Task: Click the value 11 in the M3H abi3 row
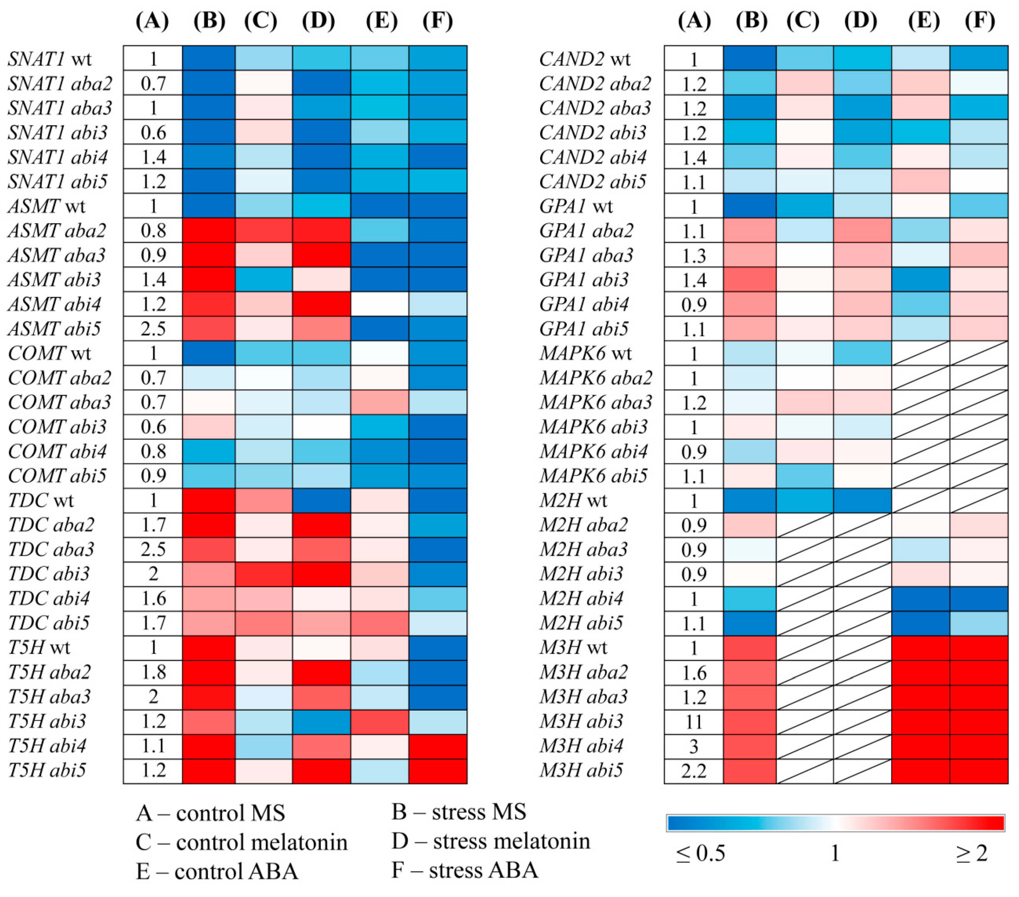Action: click(x=694, y=721)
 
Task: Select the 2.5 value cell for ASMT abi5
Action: click(x=153, y=329)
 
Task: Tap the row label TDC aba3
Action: click(x=51, y=549)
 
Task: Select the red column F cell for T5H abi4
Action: click(x=438, y=746)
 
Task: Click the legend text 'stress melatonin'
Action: click(x=511, y=841)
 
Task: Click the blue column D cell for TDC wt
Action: click(x=321, y=500)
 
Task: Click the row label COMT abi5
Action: click(x=57, y=476)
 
